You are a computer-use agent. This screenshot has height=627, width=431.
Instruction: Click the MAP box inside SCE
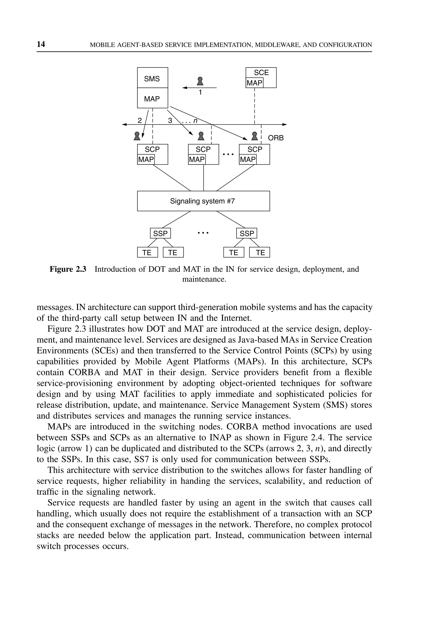pos(254,83)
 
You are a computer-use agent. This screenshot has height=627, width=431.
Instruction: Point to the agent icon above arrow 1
pos(200,81)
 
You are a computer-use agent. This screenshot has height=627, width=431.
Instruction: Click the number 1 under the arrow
pos(200,93)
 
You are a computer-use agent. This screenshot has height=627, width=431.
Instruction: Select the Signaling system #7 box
pos(203,201)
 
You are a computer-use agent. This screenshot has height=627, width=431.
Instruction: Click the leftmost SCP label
pos(152,149)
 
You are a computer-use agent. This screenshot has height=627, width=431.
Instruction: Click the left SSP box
pos(160,233)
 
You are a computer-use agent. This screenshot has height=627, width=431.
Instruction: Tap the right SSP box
pos(247,233)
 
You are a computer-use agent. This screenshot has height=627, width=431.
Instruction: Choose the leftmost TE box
pos(147,252)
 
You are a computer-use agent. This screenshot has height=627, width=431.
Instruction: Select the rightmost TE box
pos(259,252)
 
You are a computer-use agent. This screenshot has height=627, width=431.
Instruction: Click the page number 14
pos(41,44)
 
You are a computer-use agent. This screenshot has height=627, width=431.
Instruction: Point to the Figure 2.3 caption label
pos(68,269)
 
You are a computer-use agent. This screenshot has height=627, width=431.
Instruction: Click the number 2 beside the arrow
pos(140,121)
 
